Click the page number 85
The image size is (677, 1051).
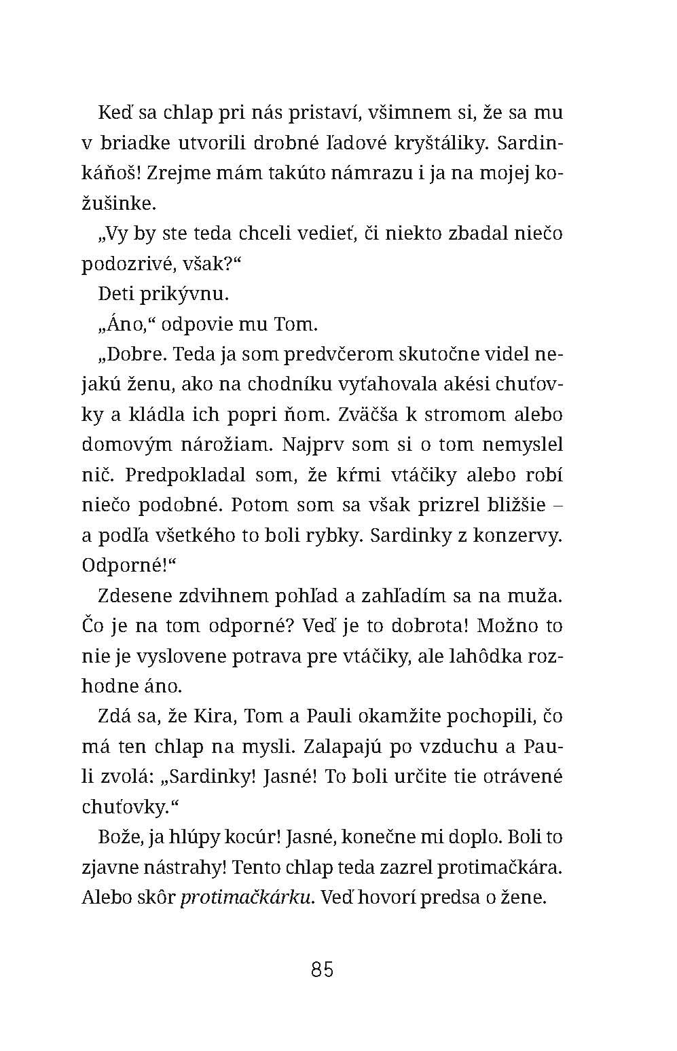(x=322, y=969)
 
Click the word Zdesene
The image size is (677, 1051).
(x=141, y=595)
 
